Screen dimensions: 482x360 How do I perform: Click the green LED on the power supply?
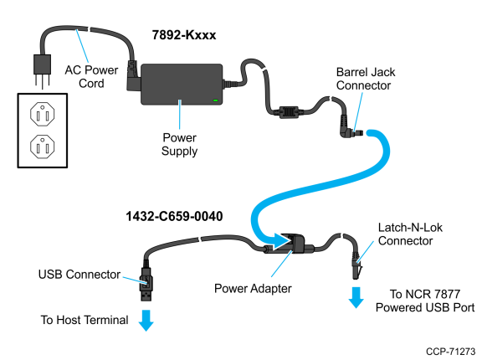(x=216, y=100)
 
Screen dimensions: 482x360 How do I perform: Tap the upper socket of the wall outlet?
(x=43, y=114)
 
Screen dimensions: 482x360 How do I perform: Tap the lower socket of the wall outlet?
(x=43, y=147)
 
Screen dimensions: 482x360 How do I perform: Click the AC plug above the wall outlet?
(x=42, y=71)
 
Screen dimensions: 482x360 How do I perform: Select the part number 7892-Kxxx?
(x=184, y=35)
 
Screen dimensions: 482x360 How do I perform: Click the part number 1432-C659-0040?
(x=174, y=216)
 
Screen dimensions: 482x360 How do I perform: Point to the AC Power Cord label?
(x=91, y=76)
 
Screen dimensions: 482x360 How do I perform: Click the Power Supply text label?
(x=180, y=144)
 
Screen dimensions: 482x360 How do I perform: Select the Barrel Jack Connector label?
(x=366, y=79)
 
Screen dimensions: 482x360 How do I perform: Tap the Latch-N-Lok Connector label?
(x=410, y=234)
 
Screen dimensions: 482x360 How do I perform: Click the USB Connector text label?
(x=79, y=275)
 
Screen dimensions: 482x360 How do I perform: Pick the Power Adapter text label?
(x=253, y=289)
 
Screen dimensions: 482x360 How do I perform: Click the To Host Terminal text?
(x=85, y=320)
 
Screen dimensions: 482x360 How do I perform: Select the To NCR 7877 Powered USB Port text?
(x=425, y=301)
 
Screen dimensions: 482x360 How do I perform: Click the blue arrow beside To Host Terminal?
(x=146, y=321)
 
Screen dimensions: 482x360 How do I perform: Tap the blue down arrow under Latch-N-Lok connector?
(x=356, y=297)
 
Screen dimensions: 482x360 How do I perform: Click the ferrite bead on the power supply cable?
(x=289, y=112)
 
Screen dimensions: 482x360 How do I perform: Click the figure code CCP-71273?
(x=450, y=352)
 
